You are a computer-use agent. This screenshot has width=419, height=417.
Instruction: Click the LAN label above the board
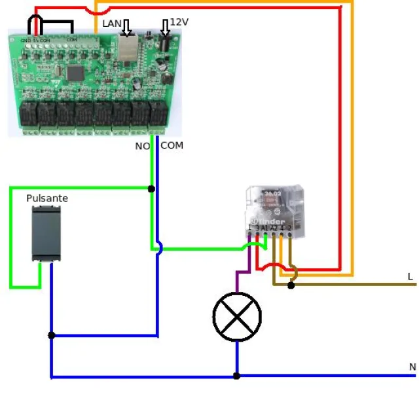click(111, 24)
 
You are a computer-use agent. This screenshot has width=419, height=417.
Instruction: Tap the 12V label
click(179, 22)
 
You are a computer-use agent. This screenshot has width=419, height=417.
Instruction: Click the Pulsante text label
click(47, 198)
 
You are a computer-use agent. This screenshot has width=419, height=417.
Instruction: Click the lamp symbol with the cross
click(237, 317)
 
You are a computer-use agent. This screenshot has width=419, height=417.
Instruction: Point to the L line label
click(410, 277)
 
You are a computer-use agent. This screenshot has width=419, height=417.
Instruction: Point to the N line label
click(412, 367)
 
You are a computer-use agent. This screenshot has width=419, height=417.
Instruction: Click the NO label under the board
click(142, 146)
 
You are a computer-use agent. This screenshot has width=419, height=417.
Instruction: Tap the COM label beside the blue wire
click(172, 145)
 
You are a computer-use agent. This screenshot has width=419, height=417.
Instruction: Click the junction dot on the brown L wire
click(291, 285)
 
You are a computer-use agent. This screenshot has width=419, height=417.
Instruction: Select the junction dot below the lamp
click(237, 376)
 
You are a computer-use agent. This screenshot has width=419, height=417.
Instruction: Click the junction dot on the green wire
click(151, 189)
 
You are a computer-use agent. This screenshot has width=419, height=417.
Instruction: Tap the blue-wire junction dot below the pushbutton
click(51, 335)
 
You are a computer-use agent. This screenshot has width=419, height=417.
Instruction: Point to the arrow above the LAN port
click(126, 27)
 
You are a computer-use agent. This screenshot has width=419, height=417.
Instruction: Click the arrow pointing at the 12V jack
click(165, 27)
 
